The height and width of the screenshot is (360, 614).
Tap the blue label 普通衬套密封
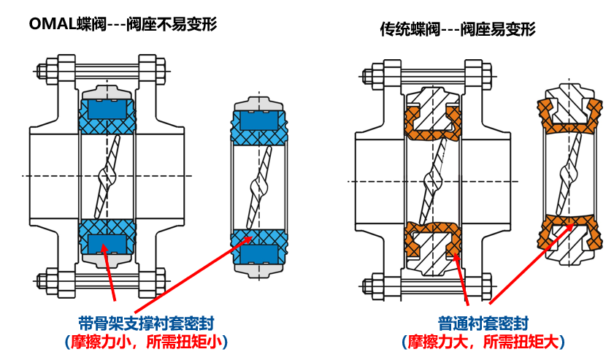pyautogui.click(x=483, y=323)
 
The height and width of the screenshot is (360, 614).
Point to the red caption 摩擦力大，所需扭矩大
pyautogui.click(x=483, y=341)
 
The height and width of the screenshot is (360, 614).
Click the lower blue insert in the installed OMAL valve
pyautogui.click(x=107, y=242)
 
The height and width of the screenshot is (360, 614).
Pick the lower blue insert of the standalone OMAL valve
pyautogui.click(x=258, y=253)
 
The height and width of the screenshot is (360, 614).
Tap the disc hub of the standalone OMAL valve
pyautogui.click(x=258, y=186)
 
